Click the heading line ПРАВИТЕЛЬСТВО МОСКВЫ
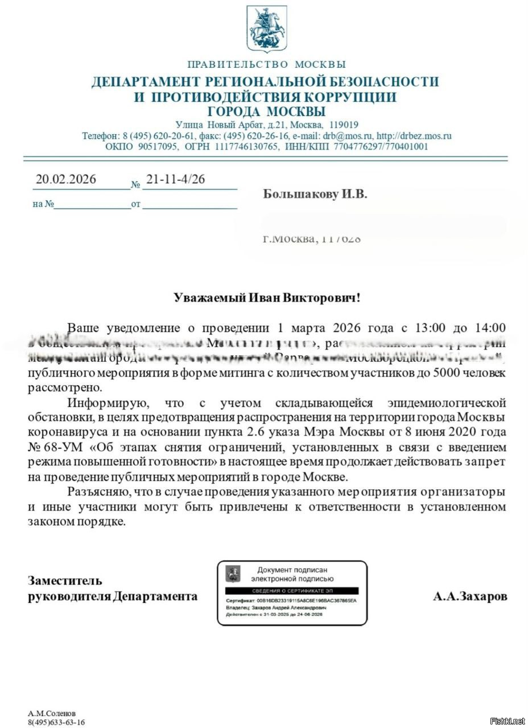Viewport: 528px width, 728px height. point(266,64)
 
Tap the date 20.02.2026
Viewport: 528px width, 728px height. point(66,179)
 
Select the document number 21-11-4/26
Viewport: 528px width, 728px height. point(175,179)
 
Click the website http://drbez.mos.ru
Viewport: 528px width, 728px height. point(414,136)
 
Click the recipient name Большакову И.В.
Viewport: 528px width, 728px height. point(315,195)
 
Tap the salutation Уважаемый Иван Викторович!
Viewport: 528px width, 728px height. point(267,297)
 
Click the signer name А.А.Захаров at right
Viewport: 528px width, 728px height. point(470,596)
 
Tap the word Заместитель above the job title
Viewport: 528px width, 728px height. point(65,580)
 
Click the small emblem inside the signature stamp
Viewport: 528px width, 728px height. point(233,573)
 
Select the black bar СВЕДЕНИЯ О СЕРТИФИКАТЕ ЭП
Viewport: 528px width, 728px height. point(291,591)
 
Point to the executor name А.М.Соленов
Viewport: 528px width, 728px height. point(52,713)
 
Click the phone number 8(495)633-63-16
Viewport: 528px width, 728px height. point(56,722)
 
